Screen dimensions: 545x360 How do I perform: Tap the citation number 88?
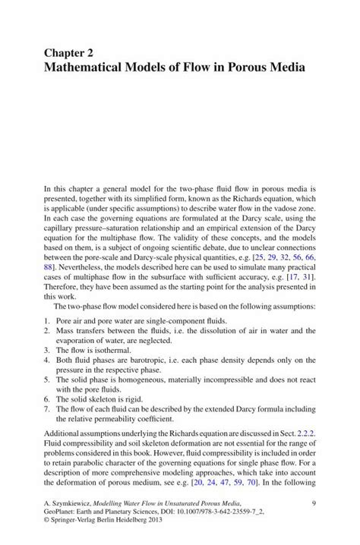click(50, 267)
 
